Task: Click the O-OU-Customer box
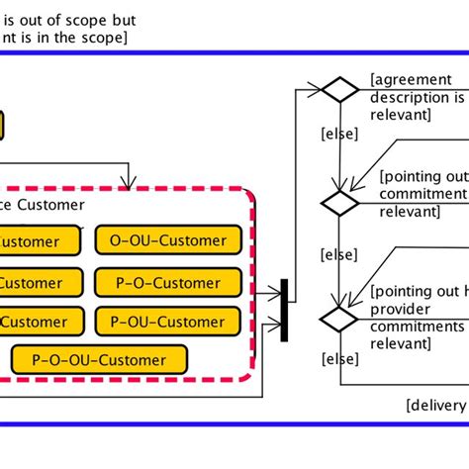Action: (168, 240)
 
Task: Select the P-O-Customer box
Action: (168, 282)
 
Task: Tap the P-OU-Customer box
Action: (168, 321)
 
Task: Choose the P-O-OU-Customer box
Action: (100, 359)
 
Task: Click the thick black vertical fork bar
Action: (284, 311)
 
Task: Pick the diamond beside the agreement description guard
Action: (340, 89)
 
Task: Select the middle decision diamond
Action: (340, 203)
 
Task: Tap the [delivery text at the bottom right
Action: (436, 405)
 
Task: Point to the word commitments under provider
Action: (417, 326)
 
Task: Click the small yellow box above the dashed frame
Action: (2, 126)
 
